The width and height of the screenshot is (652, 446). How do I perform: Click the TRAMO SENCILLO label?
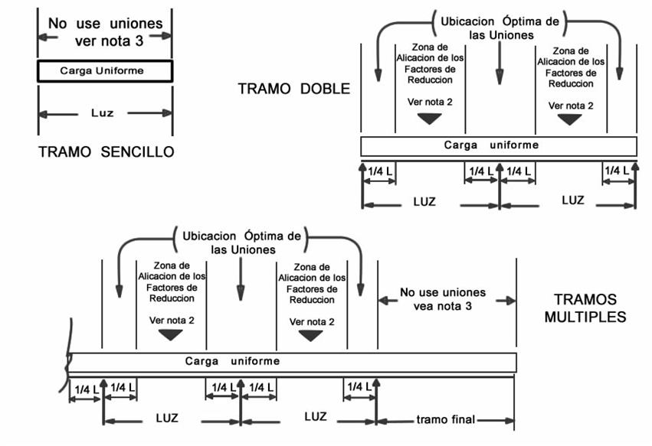(x=106, y=152)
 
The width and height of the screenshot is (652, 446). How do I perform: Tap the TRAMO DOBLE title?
(x=294, y=89)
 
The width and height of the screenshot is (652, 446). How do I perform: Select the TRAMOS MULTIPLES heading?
(x=585, y=308)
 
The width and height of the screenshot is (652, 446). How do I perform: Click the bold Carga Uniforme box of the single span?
(x=104, y=71)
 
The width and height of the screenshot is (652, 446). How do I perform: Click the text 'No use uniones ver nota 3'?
(x=106, y=31)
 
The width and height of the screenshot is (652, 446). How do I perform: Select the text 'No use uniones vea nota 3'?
(x=443, y=299)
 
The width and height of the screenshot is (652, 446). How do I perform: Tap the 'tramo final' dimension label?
(x=446, y=419)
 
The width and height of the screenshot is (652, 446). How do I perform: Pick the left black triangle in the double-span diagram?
(x=430, y=118)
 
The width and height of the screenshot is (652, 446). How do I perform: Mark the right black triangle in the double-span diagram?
(x=569, y=119)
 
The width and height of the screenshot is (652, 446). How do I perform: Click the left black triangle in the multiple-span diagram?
(x=169, y=334)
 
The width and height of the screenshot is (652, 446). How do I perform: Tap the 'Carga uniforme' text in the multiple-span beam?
(x=231, y=360)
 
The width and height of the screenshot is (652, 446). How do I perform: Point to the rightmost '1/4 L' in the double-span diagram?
(x=617, y=171)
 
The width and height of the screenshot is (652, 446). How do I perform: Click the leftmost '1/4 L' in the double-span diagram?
(x=379, y=171)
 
